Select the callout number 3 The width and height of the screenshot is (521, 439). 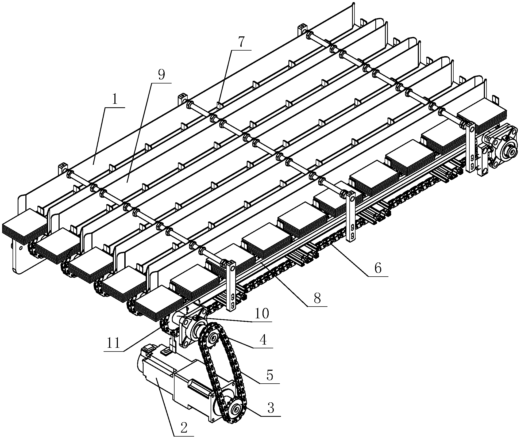click(271, 408)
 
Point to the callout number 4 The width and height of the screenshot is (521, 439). click(263, 340)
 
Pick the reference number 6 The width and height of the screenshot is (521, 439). click(378, 268)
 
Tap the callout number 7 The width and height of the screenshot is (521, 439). click(241, 42)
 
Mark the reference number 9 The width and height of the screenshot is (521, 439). click(161, 75)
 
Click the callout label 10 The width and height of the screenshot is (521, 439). click(262, 314)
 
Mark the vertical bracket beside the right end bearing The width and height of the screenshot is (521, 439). click(471, 147)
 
